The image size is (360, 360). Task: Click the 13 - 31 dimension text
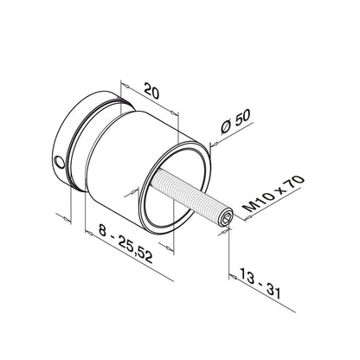[x=262, y=289]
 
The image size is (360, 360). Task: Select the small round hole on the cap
[x=58, y=161]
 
